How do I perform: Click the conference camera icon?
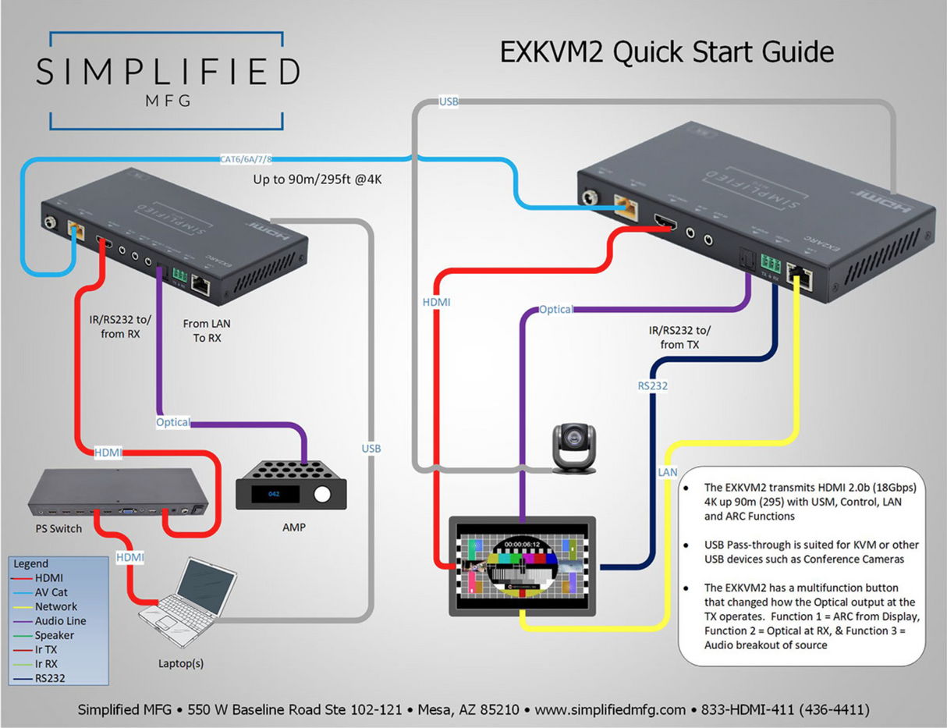[573, 449]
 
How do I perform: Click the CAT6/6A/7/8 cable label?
[247, 160]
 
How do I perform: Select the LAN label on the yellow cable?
[668, 472]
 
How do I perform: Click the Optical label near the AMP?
[173, 422]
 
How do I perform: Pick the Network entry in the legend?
[55, 606]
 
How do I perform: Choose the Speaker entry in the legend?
[54, 635]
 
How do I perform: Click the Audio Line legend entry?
[60, 621]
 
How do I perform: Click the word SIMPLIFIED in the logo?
[167, 73]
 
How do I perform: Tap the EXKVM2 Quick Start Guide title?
[666, 52]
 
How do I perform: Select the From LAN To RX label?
[207, 330]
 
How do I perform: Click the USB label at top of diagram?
[449, 101]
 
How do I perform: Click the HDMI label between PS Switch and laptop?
[129, 558]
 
